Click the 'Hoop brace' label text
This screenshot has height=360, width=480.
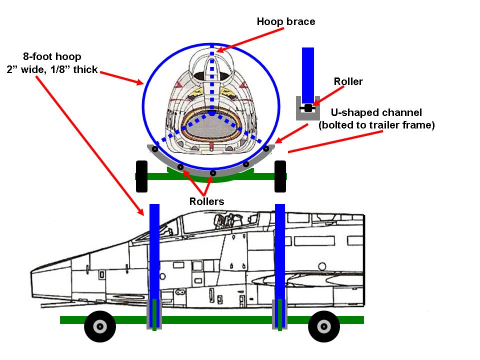(x=286, y=21)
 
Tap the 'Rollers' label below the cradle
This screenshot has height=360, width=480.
(x=206, y=201)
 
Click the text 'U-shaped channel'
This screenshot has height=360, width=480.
(x=377, y=113)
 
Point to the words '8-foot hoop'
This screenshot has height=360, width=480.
(x=52, y=57)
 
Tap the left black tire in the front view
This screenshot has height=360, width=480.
(x=141, y=176)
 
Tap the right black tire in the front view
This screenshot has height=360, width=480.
(x=280, y=176)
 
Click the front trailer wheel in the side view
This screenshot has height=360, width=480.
(x=100, y=327)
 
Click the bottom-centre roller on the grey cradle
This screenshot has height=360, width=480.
(x=213, y=173)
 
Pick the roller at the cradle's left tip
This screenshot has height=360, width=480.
(x=155, y=149)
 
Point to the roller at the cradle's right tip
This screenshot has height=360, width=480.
(x=267, y=148)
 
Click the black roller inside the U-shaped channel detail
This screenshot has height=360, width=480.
(x=308, y=108)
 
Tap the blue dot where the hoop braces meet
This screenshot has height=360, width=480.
(x=212, y=114)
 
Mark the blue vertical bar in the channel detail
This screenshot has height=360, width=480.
(x=307, y=75)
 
